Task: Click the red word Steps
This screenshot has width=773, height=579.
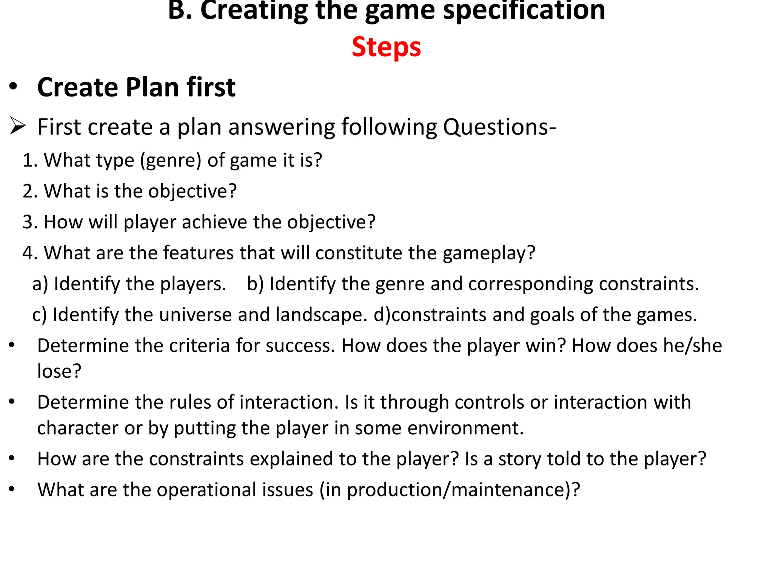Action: tap(386, 47)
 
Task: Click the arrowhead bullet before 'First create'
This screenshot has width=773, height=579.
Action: tap(17, 126)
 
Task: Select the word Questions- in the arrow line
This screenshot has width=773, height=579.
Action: tap(499, 127)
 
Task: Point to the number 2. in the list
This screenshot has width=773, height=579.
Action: tap(30, 191)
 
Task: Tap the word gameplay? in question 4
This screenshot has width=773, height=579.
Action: tap(489, 253)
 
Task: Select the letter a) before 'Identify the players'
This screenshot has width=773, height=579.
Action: tap(40, 284)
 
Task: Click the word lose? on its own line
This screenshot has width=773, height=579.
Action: tap(59, 371)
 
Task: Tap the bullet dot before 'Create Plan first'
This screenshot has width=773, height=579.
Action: tap(13, 87)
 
